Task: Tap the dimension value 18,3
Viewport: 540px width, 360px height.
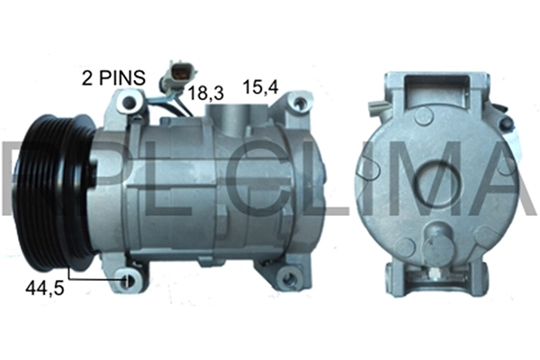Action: coord(205,90)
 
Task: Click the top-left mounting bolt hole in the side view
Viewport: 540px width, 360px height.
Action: coord(130,104)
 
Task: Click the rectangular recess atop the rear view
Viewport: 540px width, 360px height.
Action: coord(441,91)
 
